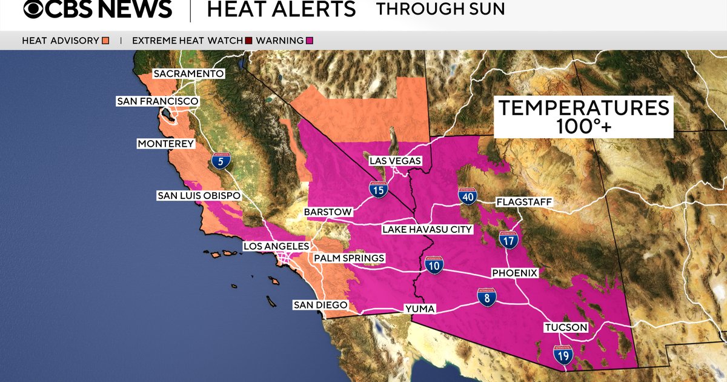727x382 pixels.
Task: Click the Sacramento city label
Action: click(188, 74)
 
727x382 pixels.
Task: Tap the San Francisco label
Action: click(157, 101)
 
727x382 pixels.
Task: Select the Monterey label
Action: click(165, 144)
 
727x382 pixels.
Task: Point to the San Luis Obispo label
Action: click(199, 196)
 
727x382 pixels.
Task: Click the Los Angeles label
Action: click(276, 247)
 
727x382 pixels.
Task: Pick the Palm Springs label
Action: click(349, 258)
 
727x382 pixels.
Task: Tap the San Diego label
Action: click(320, 305)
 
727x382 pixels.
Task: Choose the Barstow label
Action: click(328, 212)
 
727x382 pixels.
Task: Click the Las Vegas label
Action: click(396, 161)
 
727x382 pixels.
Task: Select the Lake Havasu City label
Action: click(427, 230)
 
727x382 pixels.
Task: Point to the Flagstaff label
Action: click(524, 202)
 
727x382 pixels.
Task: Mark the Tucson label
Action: click(566, 327)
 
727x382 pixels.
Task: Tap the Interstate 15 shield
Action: click(378, 190)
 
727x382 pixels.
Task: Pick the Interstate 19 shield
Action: click(563, 355)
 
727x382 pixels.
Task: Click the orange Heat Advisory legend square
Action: click(105, 41)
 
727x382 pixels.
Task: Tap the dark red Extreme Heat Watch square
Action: click(248, 41)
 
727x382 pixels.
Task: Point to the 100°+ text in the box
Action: click(583, 127)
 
